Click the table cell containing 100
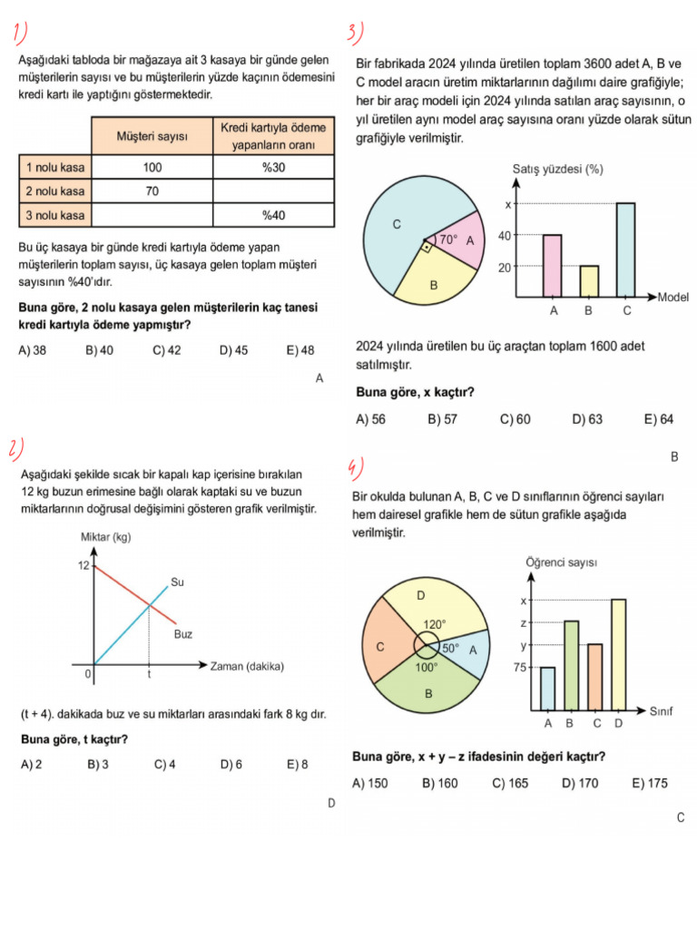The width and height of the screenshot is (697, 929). (152, 167)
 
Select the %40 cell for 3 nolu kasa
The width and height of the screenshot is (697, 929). (273, 215)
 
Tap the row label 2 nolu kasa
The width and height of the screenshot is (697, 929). (55, 191)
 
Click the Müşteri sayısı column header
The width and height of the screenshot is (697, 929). (152, 135)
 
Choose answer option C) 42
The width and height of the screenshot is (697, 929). (166, 351)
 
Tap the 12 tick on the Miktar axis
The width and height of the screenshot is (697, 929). (83, 565)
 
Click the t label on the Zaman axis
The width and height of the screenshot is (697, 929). (149, 675)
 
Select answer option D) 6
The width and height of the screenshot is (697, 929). (231, 765)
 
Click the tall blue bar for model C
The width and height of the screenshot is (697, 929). (624, 249)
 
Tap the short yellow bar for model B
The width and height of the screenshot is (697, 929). (589, 281)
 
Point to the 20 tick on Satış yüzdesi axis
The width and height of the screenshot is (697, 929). (504, 267)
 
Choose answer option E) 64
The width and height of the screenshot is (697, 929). (659, 419)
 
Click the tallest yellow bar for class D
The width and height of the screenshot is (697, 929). (618, 653)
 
